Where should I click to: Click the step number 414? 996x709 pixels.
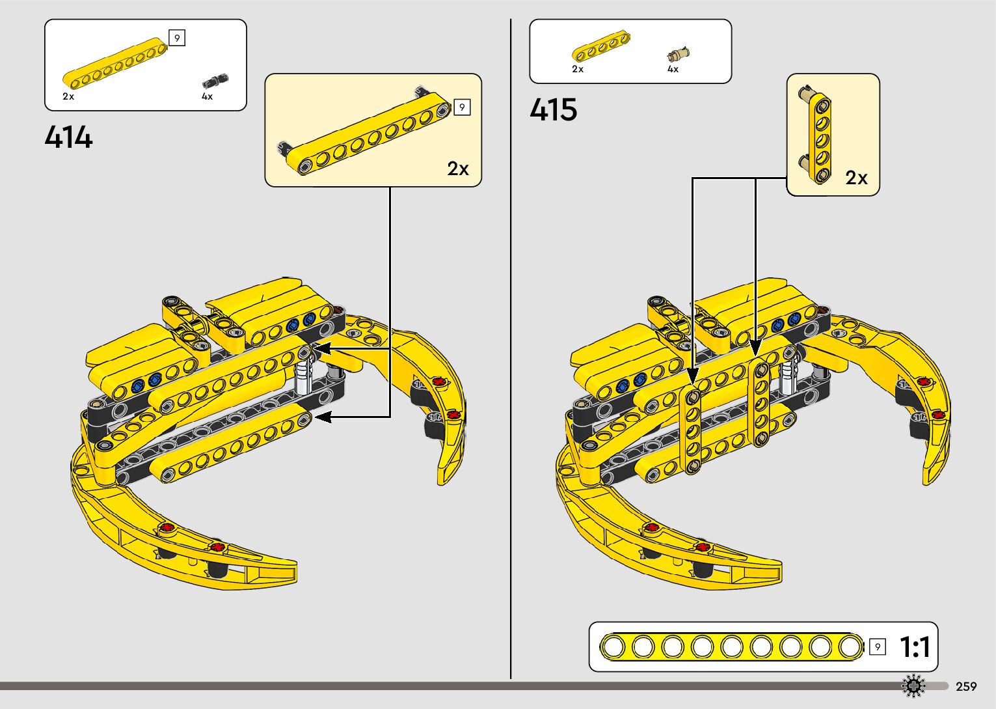point(69,137)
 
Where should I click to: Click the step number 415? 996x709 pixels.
point(553,109)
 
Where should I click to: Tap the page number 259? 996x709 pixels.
point(966,686)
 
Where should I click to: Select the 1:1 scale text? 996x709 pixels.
point(915,647)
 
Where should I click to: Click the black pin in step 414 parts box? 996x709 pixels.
point(215,81)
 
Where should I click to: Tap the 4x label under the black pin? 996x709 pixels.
point(207,96)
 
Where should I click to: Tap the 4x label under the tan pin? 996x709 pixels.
point(673,69)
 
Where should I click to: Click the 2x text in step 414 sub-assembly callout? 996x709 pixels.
point(458,169)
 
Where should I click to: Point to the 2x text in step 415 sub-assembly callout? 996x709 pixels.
point(856,178)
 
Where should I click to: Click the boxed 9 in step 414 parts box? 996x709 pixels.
point(176,38)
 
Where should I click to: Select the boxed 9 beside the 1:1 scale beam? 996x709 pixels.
point(877,646)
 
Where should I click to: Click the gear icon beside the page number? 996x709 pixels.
point(913,686)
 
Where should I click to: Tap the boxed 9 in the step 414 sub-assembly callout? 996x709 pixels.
point(462,107)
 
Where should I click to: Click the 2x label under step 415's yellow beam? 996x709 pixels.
point(578,69)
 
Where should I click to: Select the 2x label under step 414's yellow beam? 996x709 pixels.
point(68,96)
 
